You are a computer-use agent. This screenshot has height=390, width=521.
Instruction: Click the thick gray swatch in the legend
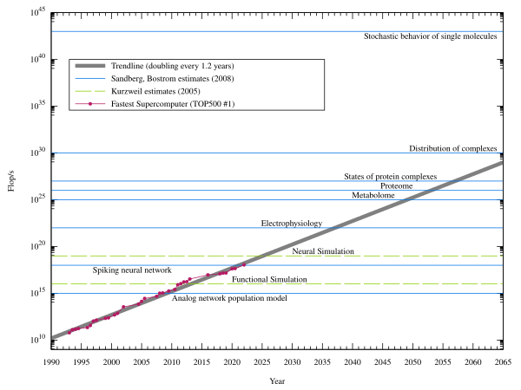90,66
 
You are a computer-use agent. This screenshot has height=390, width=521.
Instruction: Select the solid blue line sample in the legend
90,79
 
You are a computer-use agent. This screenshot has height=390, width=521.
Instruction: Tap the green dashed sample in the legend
90,91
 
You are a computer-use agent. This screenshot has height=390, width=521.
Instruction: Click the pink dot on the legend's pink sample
90,104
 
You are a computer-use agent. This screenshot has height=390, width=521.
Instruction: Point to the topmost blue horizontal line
278,31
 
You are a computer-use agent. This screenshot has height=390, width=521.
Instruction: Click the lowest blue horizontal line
347,293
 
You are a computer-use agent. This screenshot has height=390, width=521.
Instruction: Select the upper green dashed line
347,256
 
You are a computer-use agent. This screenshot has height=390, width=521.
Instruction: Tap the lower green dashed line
347,284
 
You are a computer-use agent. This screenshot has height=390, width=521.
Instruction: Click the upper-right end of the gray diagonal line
501,163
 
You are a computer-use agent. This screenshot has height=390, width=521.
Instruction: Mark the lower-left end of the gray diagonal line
54,336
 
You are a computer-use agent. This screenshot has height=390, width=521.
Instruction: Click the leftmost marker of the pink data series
69,331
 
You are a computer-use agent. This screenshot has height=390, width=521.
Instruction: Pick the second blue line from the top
278,153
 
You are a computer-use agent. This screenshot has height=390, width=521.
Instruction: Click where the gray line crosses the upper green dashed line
261,256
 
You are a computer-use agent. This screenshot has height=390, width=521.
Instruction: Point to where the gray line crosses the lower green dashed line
188,284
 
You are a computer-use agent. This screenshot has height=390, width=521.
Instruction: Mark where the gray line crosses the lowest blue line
165,293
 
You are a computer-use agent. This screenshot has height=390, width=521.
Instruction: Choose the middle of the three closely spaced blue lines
278,191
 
